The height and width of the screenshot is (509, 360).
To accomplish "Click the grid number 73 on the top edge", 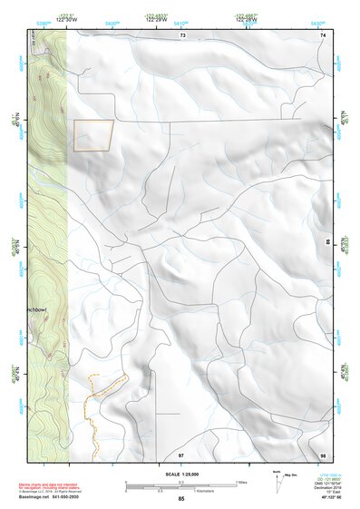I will point(181,34).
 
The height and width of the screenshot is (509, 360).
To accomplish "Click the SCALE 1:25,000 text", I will point(181,475).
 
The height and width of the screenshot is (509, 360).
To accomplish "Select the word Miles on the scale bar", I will point(243,482).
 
